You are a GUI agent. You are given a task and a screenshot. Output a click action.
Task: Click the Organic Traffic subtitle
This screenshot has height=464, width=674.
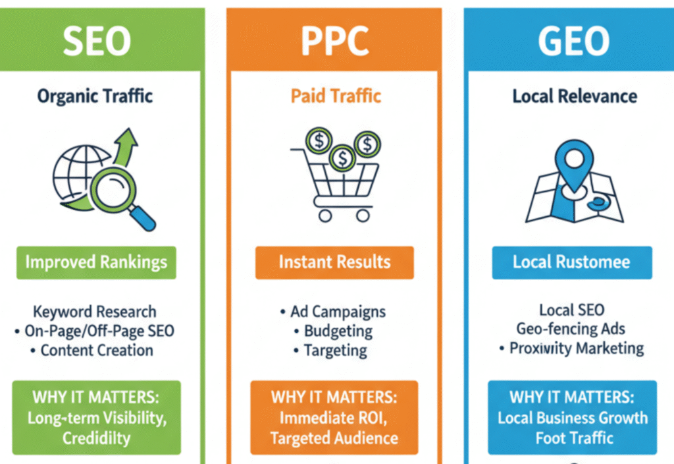coord(95,96)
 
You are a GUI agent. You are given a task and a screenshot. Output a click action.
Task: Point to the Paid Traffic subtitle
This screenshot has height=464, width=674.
coord(336,96)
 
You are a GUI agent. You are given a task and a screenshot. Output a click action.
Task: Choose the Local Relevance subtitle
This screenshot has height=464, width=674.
coord(575,96)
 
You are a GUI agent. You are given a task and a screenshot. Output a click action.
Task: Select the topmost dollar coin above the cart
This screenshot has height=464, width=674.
coord(318,140)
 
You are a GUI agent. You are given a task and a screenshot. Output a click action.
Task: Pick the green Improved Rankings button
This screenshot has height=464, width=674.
coord(95,262)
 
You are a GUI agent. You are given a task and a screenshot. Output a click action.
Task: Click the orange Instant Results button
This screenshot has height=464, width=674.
coord(334,262)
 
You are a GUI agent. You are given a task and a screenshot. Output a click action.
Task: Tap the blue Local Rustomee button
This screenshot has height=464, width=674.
coord(571,262)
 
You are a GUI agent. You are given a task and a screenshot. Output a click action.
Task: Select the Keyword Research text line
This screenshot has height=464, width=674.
coord(95,312)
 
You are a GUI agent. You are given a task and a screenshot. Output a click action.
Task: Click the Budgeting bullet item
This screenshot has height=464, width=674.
coord(336,331)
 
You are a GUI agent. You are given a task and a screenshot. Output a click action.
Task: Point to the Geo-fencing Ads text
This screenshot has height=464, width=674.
coord(571,329)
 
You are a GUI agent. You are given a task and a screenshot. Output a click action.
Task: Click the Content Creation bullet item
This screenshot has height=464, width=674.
coord(96,351)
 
